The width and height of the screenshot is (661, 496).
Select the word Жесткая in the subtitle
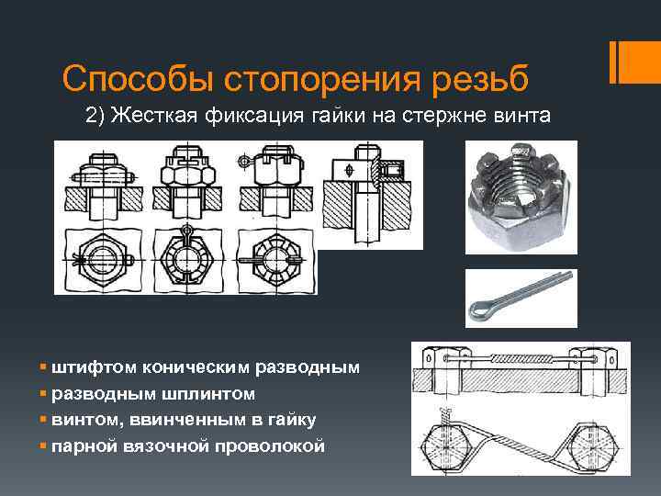click(154, 115)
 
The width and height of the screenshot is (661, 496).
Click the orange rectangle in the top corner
click(635, 62)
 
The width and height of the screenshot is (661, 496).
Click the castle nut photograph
click(521, 197)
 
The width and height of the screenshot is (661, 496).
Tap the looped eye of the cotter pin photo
click(479, 310)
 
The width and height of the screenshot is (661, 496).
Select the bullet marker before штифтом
click(42, 366)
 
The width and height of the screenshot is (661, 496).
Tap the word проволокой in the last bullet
click(270, 446)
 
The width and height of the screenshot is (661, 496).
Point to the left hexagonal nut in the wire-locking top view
click(446, 447)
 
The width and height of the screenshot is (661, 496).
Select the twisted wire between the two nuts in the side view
click(521, 359)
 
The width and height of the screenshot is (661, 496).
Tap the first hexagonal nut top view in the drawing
click(103, 260)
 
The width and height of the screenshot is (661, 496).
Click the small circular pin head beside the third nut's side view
click(243, 161)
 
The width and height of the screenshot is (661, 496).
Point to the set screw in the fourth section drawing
click(391, 170)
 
